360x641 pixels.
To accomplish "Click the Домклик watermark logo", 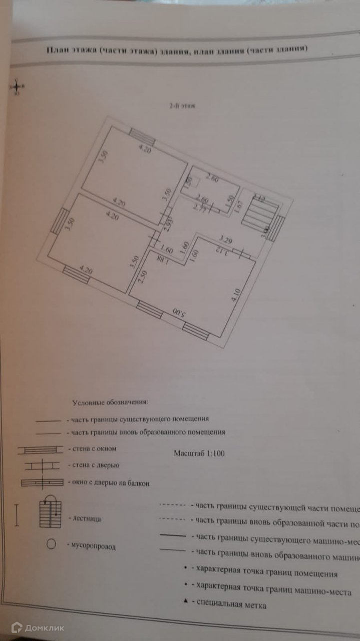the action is point(38,627).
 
